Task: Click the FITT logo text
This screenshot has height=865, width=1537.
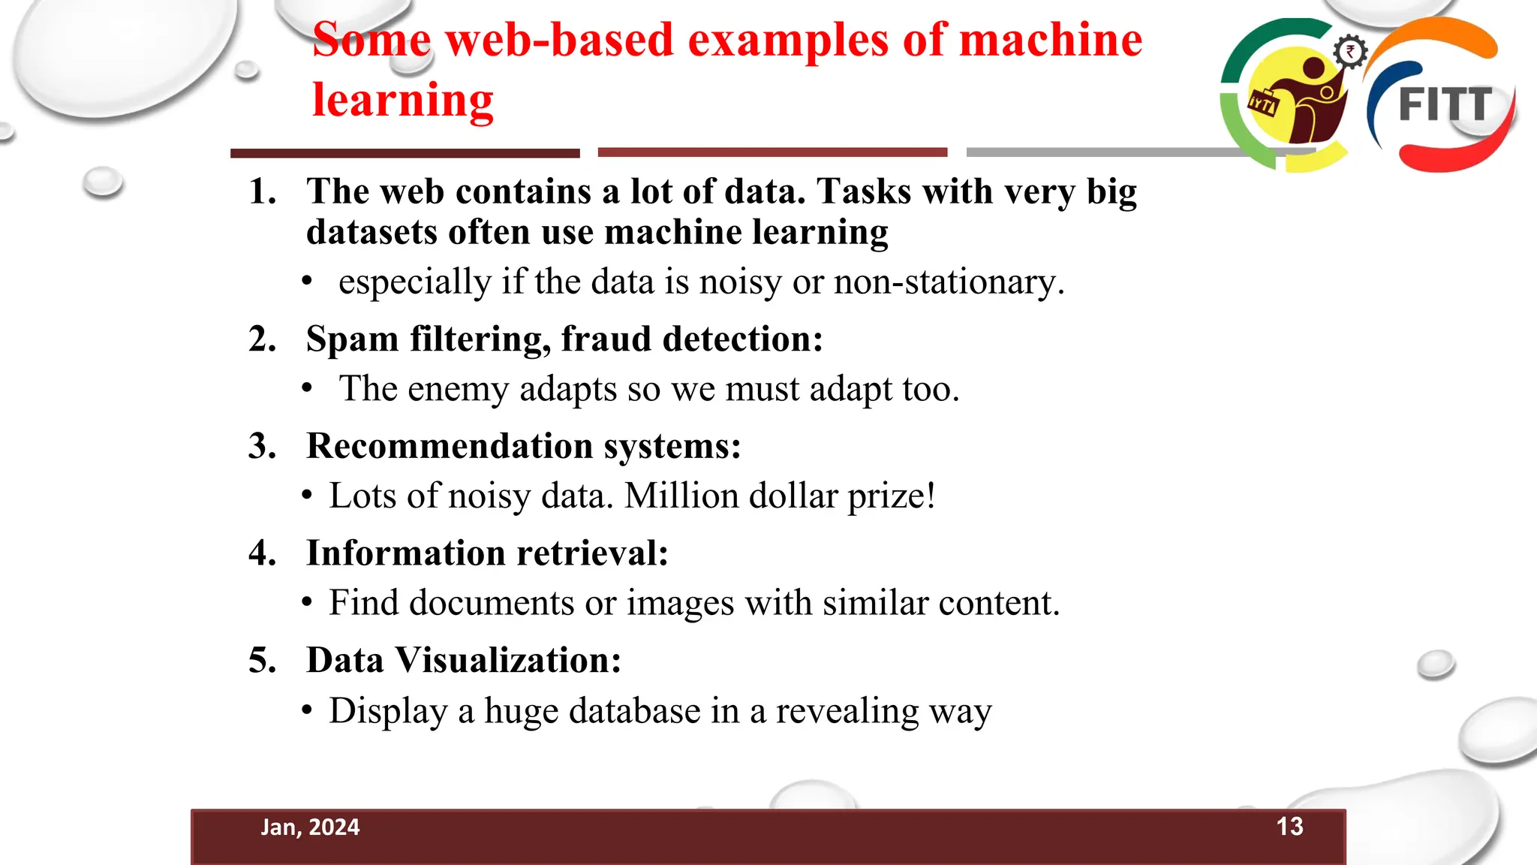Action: click(1445, 105)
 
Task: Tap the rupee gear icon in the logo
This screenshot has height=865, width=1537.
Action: click(1350, 53)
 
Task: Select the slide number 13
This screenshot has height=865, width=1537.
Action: click(1289, 827)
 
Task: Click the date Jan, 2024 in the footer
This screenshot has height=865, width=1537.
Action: click(310, 827)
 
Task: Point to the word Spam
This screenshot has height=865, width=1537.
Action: click(352, 339)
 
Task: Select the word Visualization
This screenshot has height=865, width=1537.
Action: click(508, 661)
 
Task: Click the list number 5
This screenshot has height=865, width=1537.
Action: click(263, 661)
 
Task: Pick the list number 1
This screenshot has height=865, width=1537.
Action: click(263, 191)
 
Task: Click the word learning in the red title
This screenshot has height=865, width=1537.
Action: click(403, 100)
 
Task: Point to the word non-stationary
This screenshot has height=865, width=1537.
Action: click(949, 282)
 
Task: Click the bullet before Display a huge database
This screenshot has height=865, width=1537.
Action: click(307, 710)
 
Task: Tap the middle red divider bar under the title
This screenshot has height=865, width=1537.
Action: click(772, 152)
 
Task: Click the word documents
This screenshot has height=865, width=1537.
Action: click(492, 603)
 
